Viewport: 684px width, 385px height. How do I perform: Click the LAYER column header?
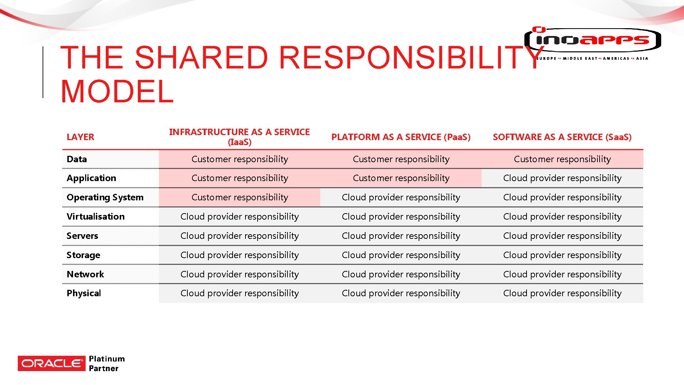coord(81,137)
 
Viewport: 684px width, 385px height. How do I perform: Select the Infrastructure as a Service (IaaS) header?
coord(239,137)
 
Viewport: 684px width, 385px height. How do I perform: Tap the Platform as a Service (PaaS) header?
coord(401,137)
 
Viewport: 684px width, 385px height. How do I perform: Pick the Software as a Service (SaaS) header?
coord(562,137)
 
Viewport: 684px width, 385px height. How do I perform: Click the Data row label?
coord(77,159)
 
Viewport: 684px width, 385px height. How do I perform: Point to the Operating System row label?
coord(105,197)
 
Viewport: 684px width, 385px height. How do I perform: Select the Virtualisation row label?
coord(95,216)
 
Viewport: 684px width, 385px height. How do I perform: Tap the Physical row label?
coord(84,293)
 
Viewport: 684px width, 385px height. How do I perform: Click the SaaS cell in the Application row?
coord(562,178)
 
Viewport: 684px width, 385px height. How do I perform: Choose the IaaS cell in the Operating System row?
coord(239,197)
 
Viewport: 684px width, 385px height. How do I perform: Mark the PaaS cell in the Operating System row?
coord(401,197)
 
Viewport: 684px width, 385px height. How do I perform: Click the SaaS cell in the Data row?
coord(562,159)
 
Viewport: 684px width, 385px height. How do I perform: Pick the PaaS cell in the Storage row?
coord(401,255)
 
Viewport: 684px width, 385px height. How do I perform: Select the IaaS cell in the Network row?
coord(239,274)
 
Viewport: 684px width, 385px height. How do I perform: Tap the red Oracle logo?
coord(52,363)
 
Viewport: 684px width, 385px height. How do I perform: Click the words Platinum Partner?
coord(107,363)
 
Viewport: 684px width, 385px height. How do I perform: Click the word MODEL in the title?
coord(117,91)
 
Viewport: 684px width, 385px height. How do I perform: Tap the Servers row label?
coord(82,236)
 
